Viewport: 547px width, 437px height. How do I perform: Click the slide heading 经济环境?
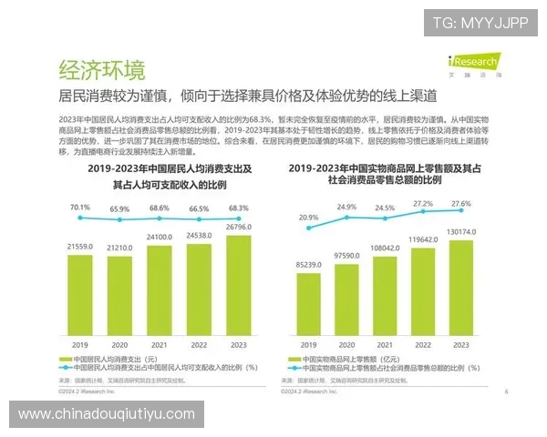(x=102, y=70)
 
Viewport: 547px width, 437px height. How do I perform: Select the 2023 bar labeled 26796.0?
(x=237, y=289)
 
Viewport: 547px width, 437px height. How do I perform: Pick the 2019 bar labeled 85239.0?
(x=307, y=305)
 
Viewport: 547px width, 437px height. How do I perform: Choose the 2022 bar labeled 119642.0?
(x=422, y=292)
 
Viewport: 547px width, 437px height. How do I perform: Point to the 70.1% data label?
(x=80, y=207)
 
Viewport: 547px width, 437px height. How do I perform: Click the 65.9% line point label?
(x=119, y=209)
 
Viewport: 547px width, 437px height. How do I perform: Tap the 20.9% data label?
(x=308, y=218)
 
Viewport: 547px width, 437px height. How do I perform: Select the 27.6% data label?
(x=461, y=203)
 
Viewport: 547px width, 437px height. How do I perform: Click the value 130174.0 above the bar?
(x=461, y=231)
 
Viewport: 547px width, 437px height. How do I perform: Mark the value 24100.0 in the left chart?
(x=159, y=238)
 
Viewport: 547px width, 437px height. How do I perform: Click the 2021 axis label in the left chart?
(x=159, y=346)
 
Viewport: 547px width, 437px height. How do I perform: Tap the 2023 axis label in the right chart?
(x=461, y=345)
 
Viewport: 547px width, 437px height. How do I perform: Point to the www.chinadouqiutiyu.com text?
(x=107, y=413)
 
